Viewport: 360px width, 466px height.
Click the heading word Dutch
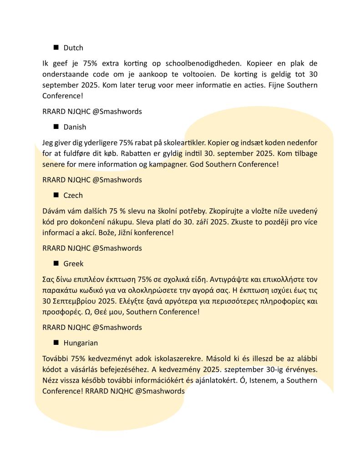point(73,47)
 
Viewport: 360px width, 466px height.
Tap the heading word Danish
point(75,127)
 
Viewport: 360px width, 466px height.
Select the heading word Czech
point(73,195)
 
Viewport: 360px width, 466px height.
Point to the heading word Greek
point(73,263)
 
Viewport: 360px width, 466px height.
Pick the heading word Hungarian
point(81,343)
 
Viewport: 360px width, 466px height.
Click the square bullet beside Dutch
point(56,47)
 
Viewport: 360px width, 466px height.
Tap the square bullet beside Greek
point(56,263)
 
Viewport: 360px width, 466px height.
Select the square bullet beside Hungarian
point(56,343)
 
